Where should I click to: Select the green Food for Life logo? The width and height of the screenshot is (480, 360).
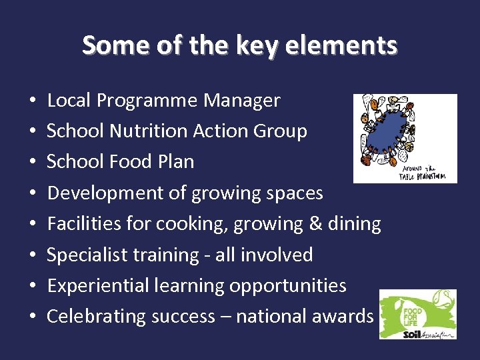pyautogui.click(x=418, y=313)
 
